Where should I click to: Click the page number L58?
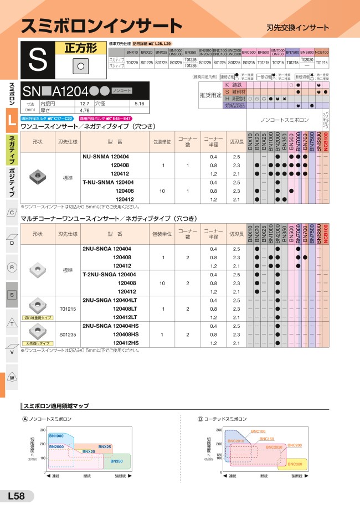point(16,496)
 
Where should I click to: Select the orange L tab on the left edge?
point(12,122)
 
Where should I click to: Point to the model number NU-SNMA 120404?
point(105,157)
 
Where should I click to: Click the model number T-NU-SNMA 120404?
point(107,182)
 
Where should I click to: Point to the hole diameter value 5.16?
point(139,103)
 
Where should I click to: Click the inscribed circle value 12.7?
point(85,103)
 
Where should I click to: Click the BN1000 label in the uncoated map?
point(56,436)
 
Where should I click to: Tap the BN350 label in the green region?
point(116,461)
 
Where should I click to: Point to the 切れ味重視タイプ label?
point(38,318)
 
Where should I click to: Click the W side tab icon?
point(12,377)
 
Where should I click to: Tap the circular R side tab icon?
point(12,268)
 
